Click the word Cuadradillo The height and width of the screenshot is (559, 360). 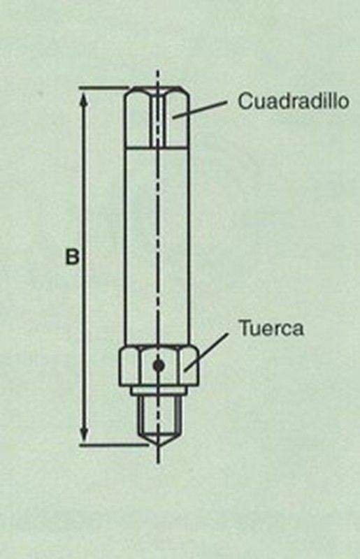294,101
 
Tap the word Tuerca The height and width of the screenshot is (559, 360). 271,328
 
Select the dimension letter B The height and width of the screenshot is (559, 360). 72,256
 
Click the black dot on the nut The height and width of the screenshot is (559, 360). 158,365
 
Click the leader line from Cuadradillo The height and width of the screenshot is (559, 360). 199,109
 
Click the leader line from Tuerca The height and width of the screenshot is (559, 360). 206,352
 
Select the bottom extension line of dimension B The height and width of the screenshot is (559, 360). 114,445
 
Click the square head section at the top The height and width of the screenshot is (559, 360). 157,117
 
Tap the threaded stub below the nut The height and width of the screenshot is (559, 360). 158,414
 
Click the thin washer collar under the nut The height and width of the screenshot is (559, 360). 158,391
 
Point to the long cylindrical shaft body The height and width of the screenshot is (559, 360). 157,246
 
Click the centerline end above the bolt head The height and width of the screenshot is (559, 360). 158,71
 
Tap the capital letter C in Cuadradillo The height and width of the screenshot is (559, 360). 245,101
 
